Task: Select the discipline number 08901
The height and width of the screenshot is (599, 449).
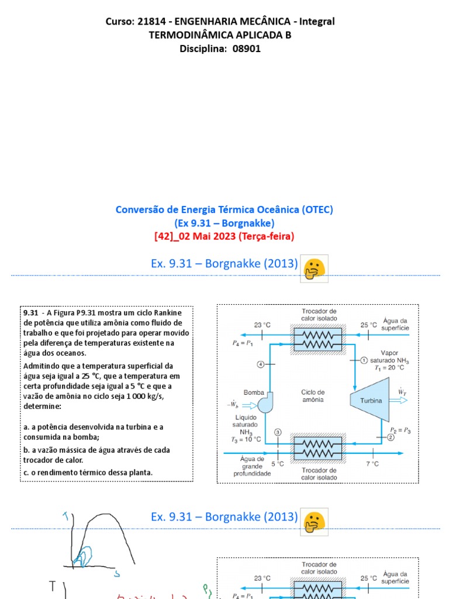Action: (x=247, y=49)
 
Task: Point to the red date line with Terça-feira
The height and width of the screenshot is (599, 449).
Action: (x=224, y=236)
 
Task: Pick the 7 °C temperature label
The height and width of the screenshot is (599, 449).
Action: (x=372, y=463)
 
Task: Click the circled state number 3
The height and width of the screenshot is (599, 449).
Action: (x=278, y=432)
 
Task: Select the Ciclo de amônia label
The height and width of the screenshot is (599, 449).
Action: (x=313, y=395)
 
